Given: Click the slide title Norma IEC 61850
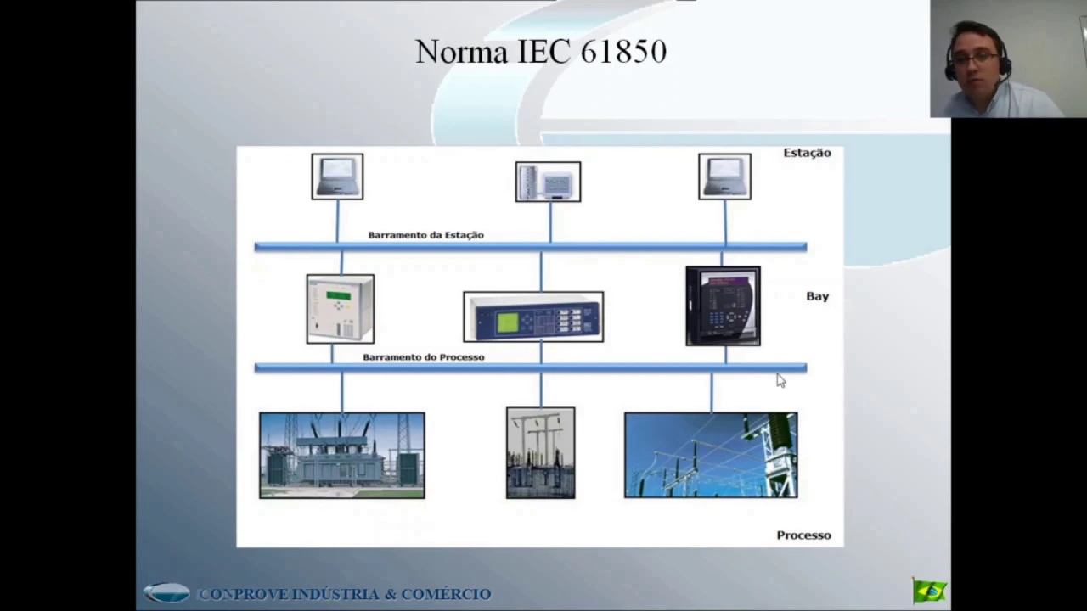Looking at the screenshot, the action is (541, 52).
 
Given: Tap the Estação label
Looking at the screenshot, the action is (807, 153).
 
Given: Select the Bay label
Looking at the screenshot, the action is (817, 296).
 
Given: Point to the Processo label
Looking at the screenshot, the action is (803, 535).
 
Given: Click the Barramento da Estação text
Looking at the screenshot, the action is (425, 235).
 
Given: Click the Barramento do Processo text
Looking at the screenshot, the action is (423, 357).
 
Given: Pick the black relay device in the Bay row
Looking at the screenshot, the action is (723, 306).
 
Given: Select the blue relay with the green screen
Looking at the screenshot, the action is (533, 317).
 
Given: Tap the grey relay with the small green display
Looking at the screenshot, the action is (340, 309).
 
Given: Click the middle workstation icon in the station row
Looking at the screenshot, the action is (548, 182).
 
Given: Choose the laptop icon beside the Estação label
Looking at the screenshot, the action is (724, 177).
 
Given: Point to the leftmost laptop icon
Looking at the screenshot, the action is (337, 177).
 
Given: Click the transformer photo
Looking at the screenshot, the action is (341, 456).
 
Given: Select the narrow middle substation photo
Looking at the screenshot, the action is (540, 453).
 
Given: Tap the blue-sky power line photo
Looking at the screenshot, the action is (711, 456).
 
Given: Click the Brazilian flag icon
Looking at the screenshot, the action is (929, 591).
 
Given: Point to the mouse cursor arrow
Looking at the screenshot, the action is (780, 381).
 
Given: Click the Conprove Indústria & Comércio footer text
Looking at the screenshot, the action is (345, 594).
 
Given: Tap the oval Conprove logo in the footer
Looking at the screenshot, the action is (166, 593).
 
